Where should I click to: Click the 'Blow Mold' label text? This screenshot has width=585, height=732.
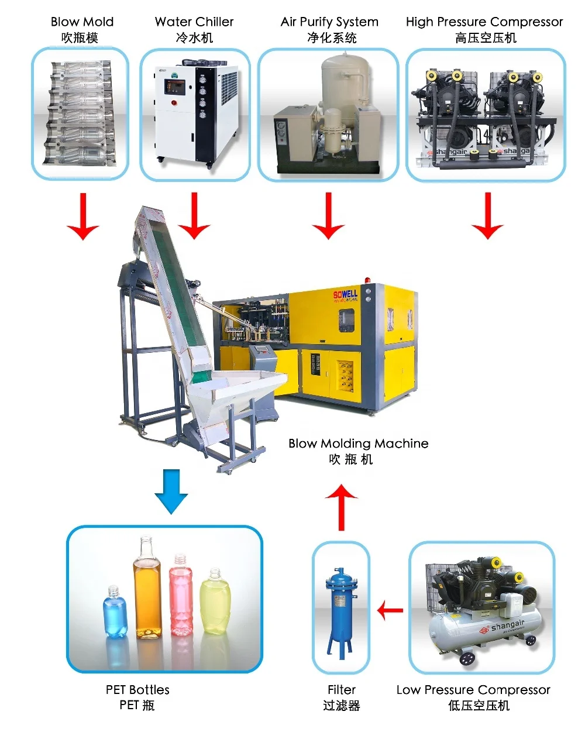[x=82, y=22]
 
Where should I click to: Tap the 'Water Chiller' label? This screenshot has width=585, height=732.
[x=194, y=22]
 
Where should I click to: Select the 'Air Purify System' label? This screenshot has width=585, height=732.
[x=329, y=22]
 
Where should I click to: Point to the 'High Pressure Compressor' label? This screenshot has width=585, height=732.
[x=484, y=22]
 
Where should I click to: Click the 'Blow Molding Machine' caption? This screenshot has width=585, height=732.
[x=358, y=444]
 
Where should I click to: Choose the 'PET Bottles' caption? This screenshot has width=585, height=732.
[x=137, y=690]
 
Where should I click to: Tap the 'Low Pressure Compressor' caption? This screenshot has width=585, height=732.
[x=473, y=690]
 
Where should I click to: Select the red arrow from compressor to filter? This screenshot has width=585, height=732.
[x=390, y=611]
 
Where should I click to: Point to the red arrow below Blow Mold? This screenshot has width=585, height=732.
[x=83, y=216]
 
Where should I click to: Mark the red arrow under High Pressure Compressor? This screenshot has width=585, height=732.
[x=487, y=216]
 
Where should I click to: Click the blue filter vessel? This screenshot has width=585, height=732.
[x=339, y=609]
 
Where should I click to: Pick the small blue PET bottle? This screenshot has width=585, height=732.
[x=115, y=612]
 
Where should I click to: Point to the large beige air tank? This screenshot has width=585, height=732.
[x=346, y=82]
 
